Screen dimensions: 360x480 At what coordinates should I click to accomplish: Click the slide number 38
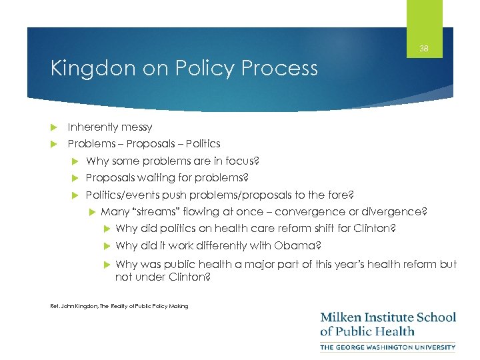coord(424,49)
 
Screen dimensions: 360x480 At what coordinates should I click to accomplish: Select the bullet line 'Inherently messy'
coord(110,127)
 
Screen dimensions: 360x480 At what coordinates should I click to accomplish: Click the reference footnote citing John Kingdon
coord(119,306)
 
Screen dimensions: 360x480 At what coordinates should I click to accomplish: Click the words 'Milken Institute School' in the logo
coord(388,317)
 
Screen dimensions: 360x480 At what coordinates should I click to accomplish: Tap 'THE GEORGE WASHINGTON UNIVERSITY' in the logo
coord(388,347)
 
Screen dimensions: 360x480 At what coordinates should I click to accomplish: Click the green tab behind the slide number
coord(424,13)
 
